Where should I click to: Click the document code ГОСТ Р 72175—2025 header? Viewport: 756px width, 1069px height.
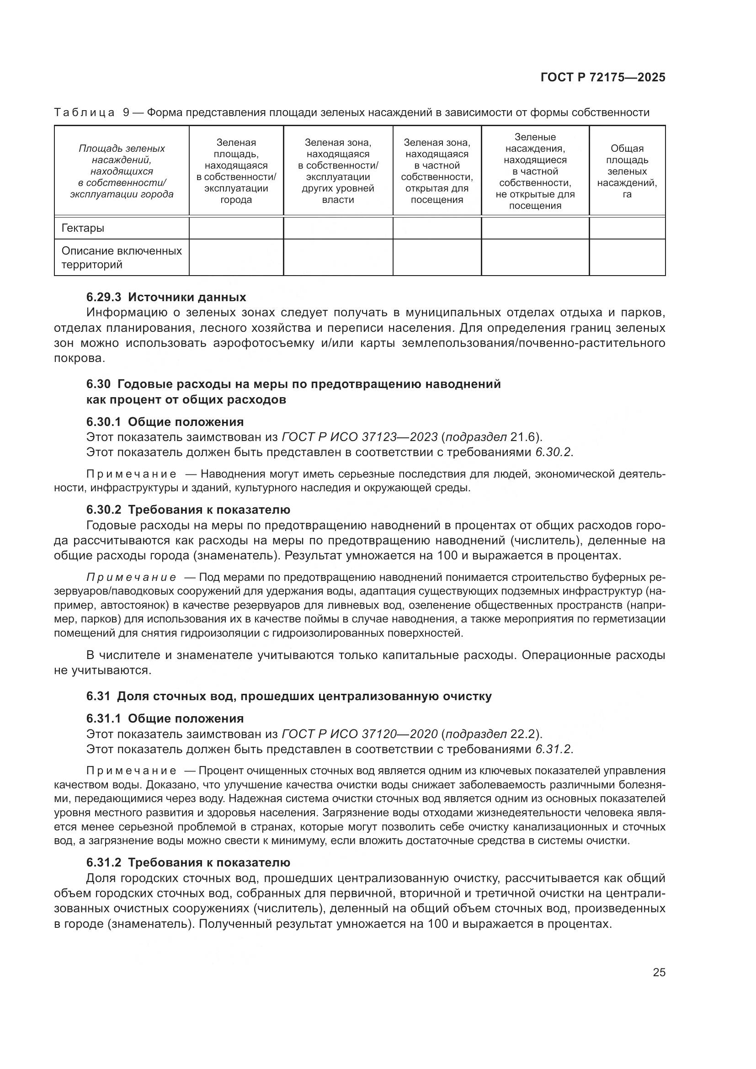point(603,77)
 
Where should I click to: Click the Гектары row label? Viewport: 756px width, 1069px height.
point(83,228)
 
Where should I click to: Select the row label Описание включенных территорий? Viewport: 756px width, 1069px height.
point(122,257)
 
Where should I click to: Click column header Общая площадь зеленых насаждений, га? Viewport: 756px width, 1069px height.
point(627,171)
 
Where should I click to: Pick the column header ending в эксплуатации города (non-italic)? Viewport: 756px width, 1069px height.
point(236,171)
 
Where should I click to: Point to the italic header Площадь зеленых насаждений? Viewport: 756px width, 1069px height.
point(122,171)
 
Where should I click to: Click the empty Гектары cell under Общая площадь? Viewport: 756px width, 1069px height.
point(627,228)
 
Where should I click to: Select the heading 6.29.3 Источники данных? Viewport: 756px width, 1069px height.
point(166,297)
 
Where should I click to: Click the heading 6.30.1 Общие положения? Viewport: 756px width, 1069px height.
point(165,422)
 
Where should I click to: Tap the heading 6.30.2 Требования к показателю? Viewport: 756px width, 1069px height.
point(188,510)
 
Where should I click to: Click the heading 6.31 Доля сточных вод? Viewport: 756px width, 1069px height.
point(288,696)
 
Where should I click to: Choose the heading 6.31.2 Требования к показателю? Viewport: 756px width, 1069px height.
point(188,863)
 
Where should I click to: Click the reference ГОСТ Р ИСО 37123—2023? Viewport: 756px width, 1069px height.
point(359,437)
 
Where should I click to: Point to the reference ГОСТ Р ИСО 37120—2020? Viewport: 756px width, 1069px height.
point(359,734)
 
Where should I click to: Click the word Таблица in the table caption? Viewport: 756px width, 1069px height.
point(84,113)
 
